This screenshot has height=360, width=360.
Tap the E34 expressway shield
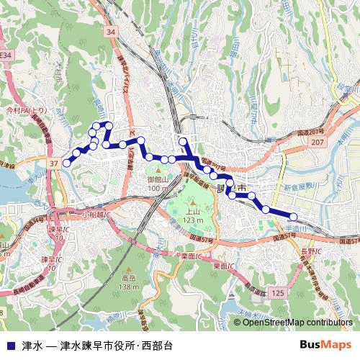tap(6, 55)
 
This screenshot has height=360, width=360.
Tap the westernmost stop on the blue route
tap(67, 163)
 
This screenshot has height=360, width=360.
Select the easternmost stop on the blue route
tap(294, 217)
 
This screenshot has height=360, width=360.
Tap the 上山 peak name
tap(189, 212)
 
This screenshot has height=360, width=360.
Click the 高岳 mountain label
tap(129, 278)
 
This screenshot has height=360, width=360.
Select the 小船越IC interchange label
tap(95, 215)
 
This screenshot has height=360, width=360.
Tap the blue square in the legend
tap(9, 345)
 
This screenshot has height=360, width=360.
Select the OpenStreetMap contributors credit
tap(297, 323)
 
